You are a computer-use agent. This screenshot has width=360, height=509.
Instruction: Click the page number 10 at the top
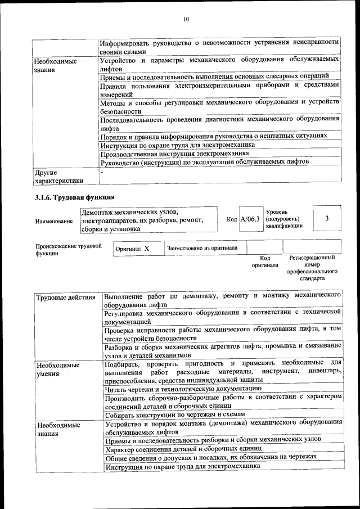click(x=186, y=20)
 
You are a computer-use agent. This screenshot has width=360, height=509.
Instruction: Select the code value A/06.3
click(x=250, y=220)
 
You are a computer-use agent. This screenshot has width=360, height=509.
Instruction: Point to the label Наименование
click(x=54, y=222)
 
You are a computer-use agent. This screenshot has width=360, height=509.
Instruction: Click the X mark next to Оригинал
click(x=146, y=248)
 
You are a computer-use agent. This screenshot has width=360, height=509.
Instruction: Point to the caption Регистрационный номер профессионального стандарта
click(x=312, y=268)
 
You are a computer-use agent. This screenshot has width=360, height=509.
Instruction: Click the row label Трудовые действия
click(x=63, y=297)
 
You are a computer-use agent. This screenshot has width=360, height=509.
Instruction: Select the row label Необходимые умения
click(x=57, y=369)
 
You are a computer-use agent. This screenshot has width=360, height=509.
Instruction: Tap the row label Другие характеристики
click(x=58, y=177)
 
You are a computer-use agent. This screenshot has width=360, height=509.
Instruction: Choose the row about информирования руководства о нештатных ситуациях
click(x=213, y=136)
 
